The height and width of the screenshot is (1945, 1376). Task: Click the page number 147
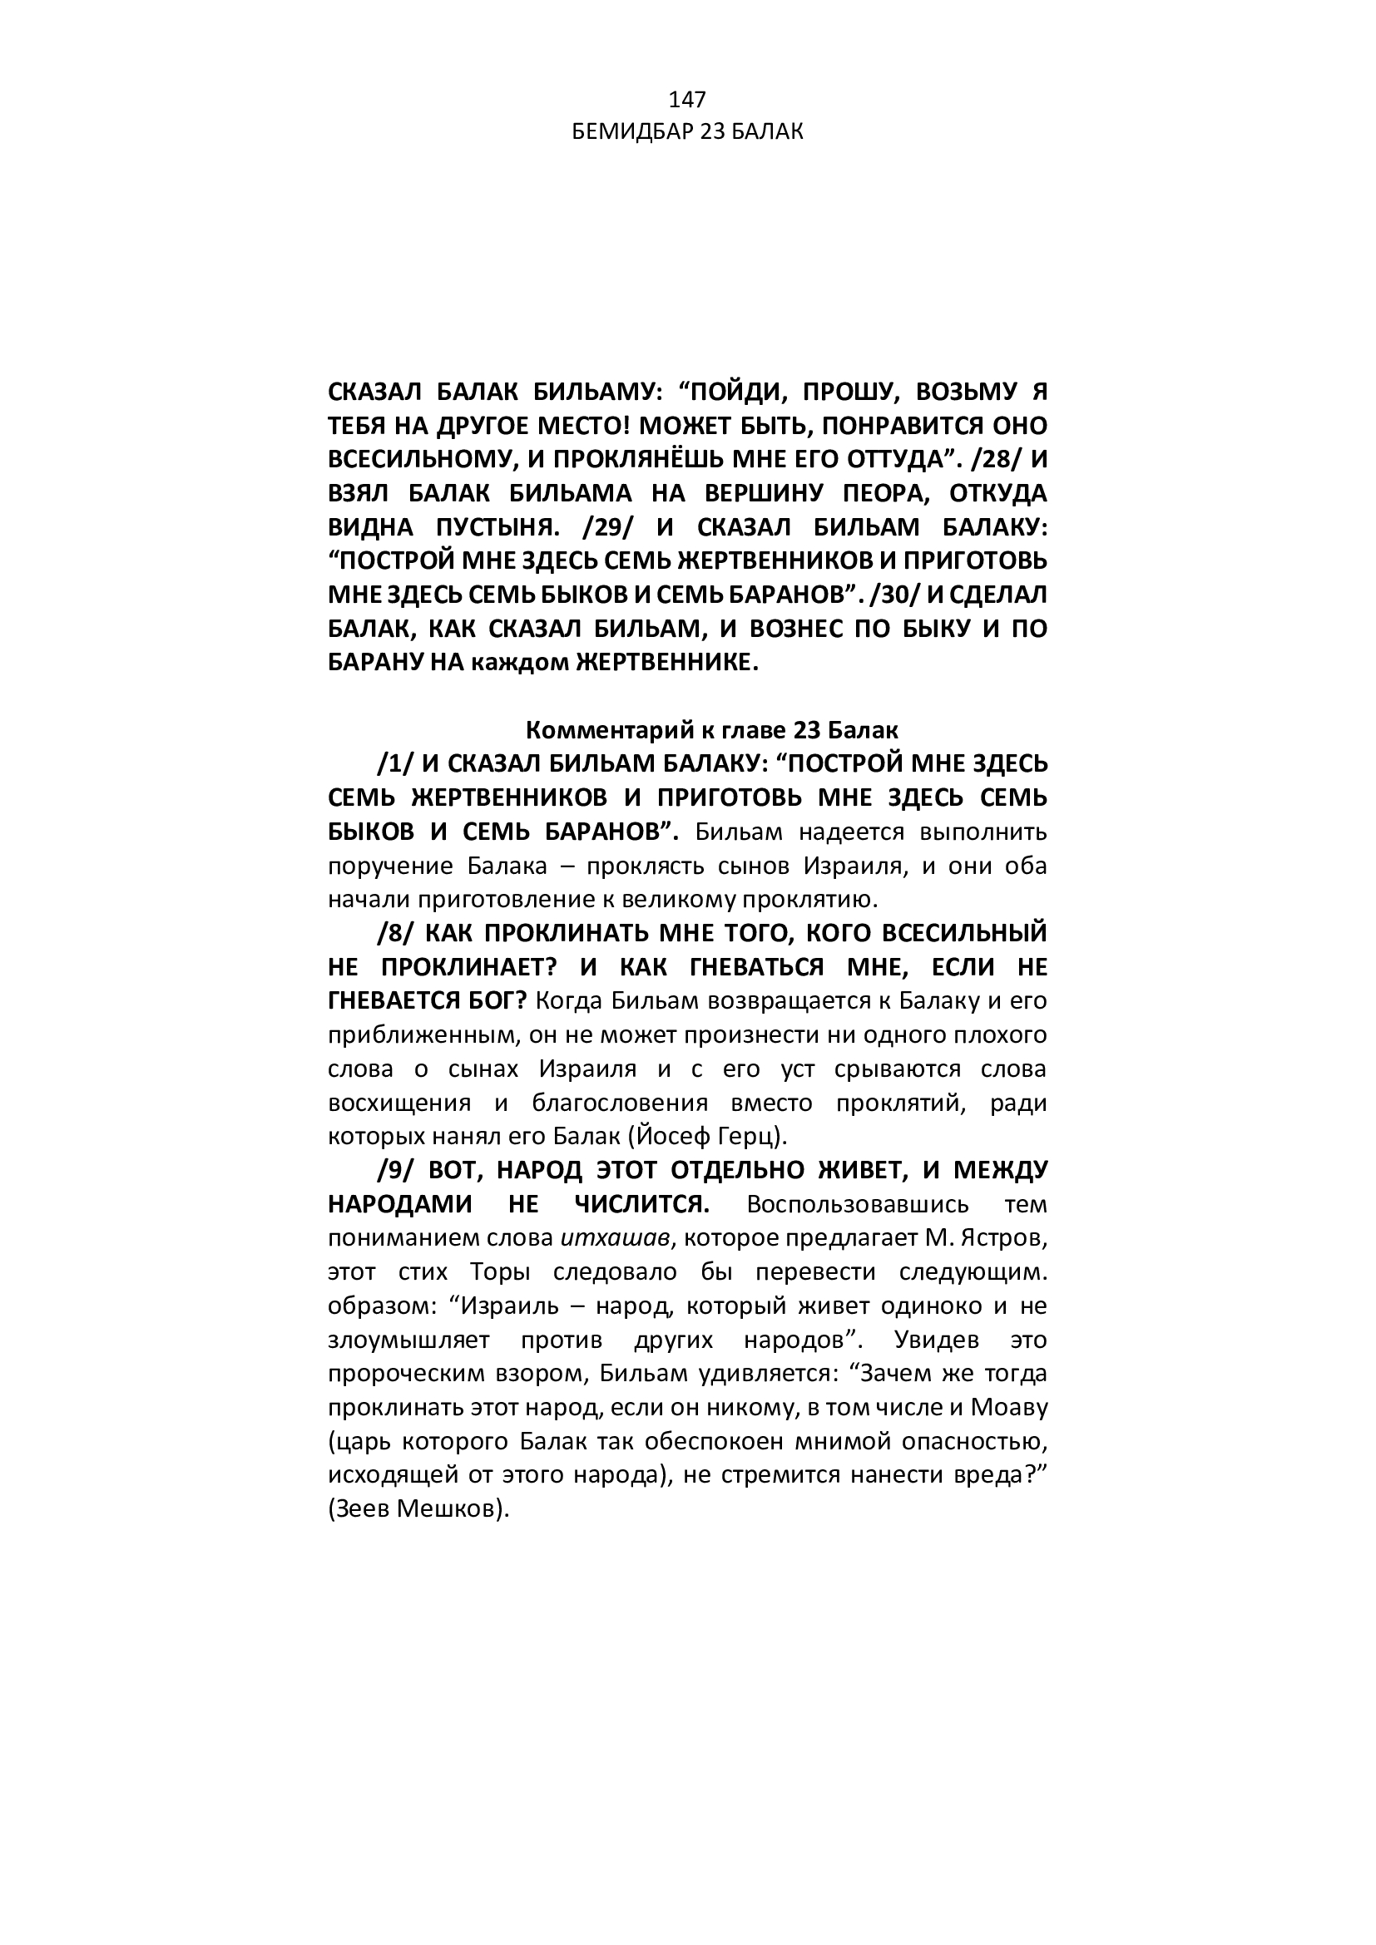[687, 100]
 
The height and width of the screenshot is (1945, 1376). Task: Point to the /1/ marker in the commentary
[395, 764]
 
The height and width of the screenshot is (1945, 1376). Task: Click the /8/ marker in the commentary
[395, 934]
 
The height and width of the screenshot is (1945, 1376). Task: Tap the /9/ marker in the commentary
[395, 1171]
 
